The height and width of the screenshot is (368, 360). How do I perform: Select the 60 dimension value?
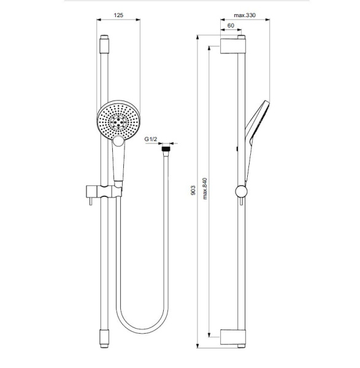(231, 26)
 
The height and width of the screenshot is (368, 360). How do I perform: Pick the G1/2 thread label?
(151, 140)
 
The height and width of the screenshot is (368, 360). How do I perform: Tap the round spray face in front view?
(118, 121)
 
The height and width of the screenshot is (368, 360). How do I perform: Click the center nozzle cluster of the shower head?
(119, 121)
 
